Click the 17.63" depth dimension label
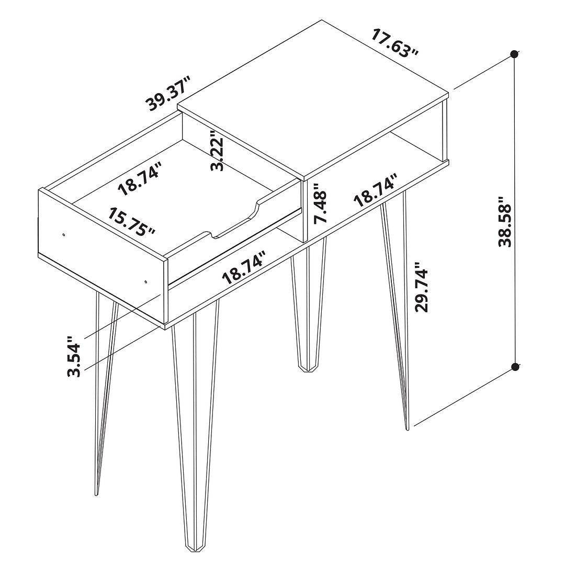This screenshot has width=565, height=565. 395,42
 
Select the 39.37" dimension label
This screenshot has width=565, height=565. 168,94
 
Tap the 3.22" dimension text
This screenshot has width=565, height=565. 218,151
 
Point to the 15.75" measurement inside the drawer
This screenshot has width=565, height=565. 132,221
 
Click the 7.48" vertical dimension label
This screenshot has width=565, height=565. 320,203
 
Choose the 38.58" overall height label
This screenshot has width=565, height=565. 505,222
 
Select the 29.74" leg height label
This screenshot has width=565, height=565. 422,287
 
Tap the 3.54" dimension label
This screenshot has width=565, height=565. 74,357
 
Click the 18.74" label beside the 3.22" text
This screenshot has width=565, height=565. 140,179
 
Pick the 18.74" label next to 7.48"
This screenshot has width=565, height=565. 376,189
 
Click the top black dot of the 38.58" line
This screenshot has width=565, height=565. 515,54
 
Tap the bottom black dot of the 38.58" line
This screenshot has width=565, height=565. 515,367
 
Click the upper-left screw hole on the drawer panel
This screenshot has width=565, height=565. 64,235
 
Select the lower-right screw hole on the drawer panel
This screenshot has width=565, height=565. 145,282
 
